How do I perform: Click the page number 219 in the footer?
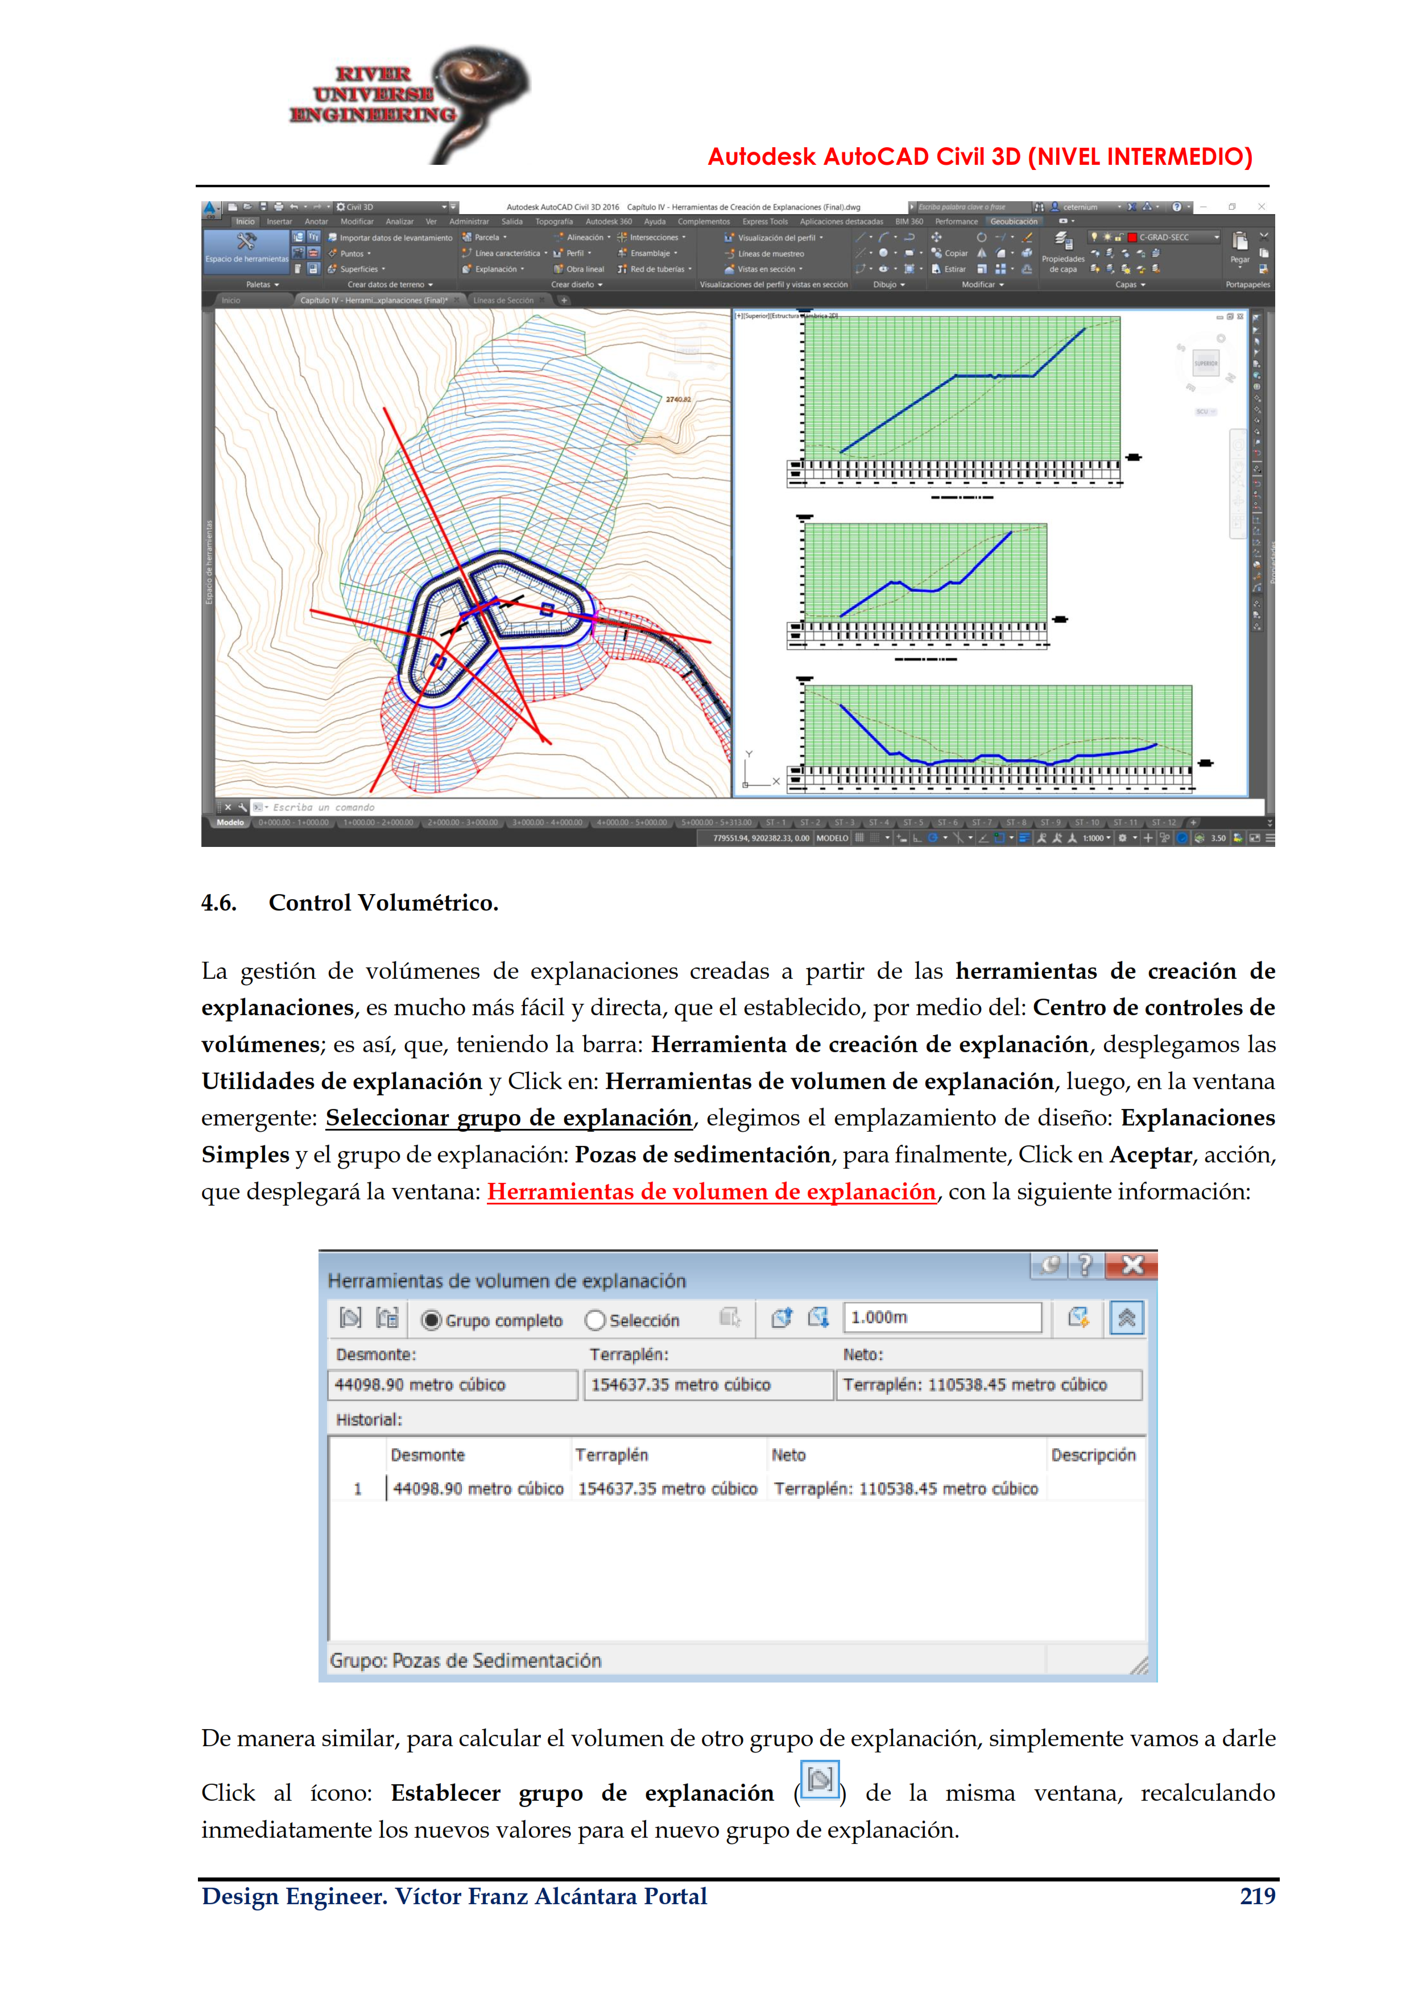tap(1256, 1896)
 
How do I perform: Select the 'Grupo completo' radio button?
tap(431, 1320)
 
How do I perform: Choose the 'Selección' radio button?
tap(595, 1320)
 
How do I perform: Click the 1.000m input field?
tap(942, 1318)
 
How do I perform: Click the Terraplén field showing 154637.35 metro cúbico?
tap(709, 1384)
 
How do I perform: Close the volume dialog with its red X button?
tap(1132, 1265)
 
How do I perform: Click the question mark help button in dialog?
tap(1085, 1265)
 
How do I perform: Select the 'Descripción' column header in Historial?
tap(1093, 1455)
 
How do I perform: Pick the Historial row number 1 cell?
tap(357, 1489)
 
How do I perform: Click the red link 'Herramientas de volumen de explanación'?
tap(710, 1191)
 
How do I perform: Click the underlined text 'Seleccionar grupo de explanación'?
tap(508, 1118)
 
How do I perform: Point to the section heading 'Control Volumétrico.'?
tap(383, 903)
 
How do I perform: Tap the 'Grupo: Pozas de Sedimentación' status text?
tap(466, 1660)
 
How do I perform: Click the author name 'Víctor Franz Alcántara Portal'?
tap(551, 1896)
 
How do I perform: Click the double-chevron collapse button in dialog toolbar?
tap(1126, 1318)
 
